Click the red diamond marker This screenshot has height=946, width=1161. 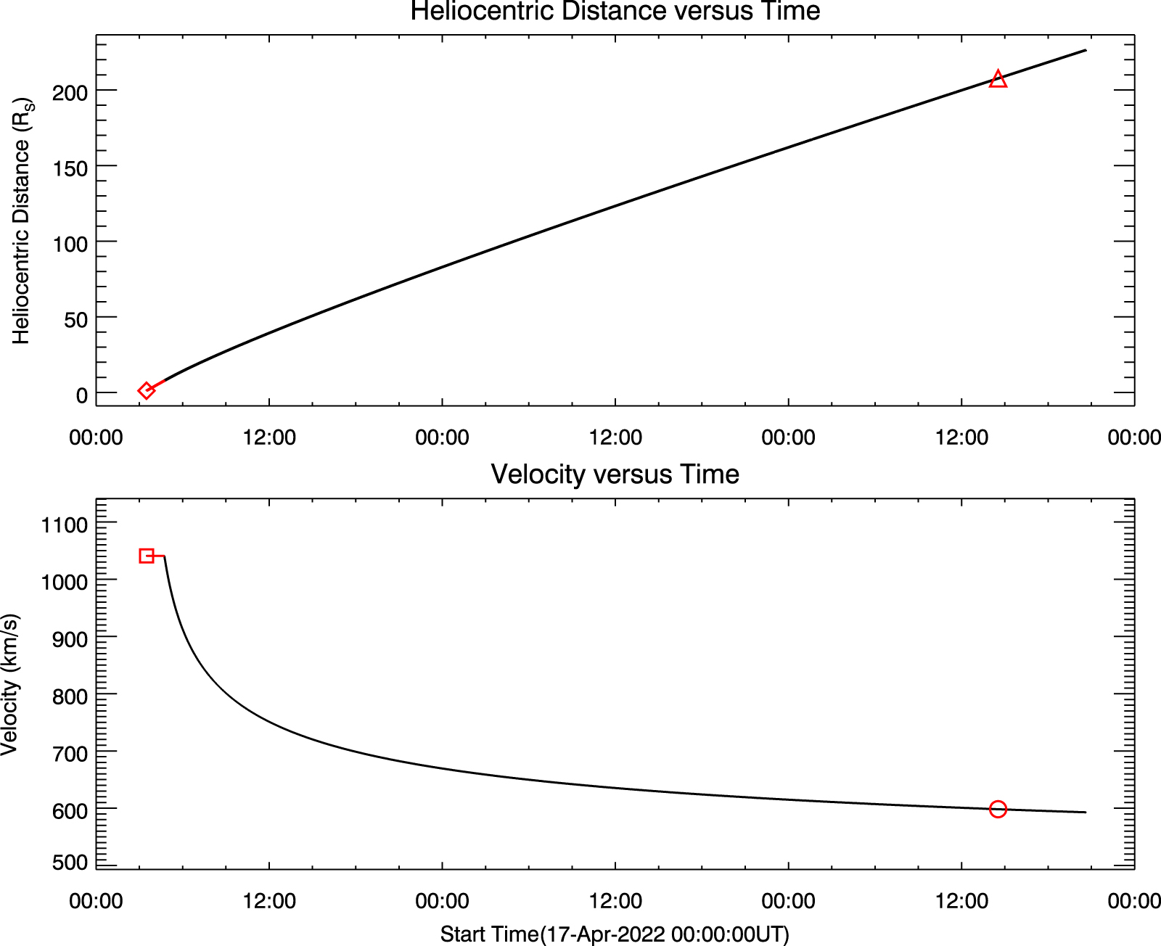pyautogui.click(x=146, y=390)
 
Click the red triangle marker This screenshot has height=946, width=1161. pyautogui.click(x=998, y=79)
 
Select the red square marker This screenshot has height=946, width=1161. pyautogui.click(x=147, y=556)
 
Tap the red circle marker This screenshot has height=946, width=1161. pyautogui.click(x=998, y=809)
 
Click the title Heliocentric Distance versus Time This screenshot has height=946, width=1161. pyautogui.click(x=615, y=12)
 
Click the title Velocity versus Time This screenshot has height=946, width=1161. pyautogui.click(x=615, y=474)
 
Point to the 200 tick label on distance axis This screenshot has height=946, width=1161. pyautogui.click(x=70, y=92)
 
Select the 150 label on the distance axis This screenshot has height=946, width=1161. pyautogui.click(x=70, y=168)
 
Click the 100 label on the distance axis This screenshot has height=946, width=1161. pyautogui.click(x=70, y=244)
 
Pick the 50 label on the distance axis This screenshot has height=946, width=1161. pyautogui.click(x=75, y=319)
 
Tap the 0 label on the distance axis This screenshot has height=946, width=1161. pyautogui.click(x=82, y=395)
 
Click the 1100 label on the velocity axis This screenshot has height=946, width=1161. pyautogui.click(x=64, y=525)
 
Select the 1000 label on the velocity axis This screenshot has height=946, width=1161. pyautogui.click(x=64, y=582)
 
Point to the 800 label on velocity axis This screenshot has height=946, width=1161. pyautogui.click(x=70, y=696)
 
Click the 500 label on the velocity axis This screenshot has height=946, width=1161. pyautogui.click(x=70, y=863)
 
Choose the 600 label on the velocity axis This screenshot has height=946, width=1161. pyautogui.click(x=70, y=810)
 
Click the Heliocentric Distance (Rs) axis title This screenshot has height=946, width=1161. pyautogui.click(x=22, y=221)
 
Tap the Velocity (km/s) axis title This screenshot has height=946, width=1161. pyautogui.click(x=10, y=685)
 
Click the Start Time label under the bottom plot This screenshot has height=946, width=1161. pyautogui.click(x=615, y=934)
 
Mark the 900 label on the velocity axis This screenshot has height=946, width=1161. pyautogui.click(x=70, y=639)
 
